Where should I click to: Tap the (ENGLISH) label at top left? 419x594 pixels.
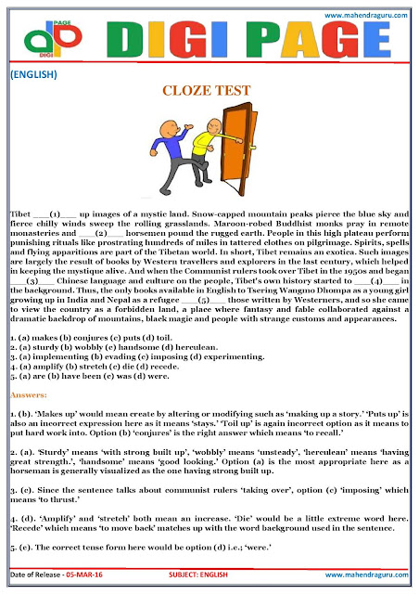[36, 73]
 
